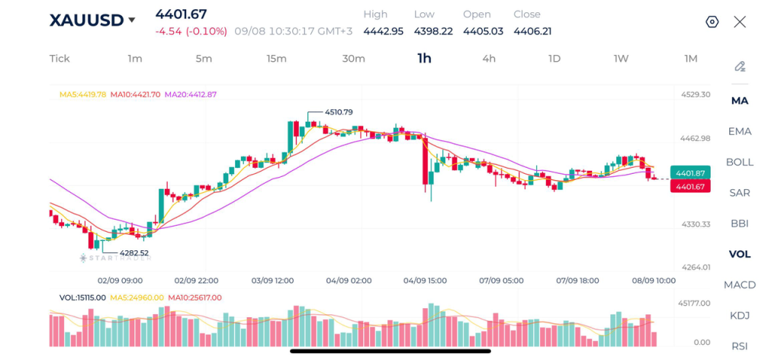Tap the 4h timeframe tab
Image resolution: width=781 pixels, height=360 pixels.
(489, 59)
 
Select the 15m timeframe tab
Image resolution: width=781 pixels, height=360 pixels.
(276, 59)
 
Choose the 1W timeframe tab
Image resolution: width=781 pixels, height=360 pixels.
(621, 59)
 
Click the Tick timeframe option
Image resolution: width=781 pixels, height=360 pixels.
(59, 59)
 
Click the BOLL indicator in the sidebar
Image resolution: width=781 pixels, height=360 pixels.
(740, 162)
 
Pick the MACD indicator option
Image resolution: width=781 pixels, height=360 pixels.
(740, 284)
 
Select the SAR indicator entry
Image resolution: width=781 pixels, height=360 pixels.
(740, 193)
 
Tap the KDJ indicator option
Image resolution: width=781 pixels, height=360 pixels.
(740, 316)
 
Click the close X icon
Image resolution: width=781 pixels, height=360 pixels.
(740, 22)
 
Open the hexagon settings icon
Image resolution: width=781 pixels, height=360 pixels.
(712, 22)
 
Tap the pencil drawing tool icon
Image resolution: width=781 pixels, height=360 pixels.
(740, 66)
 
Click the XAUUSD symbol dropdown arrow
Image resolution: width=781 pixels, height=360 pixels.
(131, 21)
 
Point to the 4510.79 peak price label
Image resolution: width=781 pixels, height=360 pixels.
(339, 113)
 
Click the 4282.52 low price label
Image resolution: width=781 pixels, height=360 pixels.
(134, 253)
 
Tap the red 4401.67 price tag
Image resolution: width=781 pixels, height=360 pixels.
(689, 186)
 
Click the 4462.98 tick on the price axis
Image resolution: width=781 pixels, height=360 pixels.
(696, 138)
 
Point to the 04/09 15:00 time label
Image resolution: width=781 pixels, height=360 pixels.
(425, 281)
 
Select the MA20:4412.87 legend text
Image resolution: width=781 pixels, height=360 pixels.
(191, 94)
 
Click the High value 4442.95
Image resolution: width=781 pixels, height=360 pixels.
(383, 31)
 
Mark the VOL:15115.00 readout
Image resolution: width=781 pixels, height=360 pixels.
(82, 297)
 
